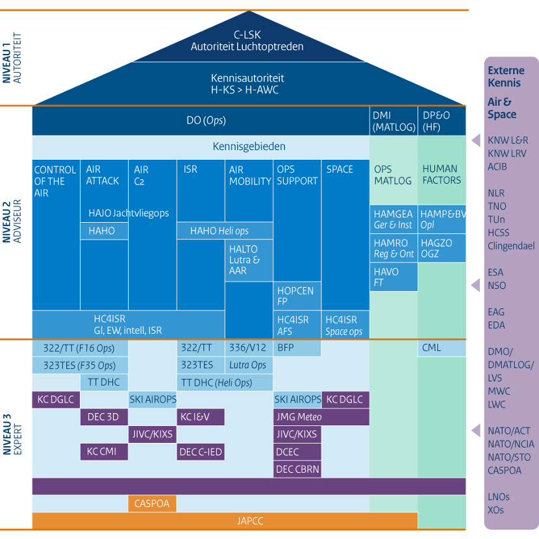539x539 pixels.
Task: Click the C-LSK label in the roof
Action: pos(247,35)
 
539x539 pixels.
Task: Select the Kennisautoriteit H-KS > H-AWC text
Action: pos(247,84)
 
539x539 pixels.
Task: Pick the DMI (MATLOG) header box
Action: pos(394,121)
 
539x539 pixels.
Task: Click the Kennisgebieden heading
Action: pos(249,146)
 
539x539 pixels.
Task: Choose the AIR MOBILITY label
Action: pos(249,175)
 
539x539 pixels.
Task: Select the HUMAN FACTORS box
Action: pos(442,175)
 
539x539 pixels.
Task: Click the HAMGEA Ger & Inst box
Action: pos(394,219)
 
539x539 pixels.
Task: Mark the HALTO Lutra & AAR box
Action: pos(249,260)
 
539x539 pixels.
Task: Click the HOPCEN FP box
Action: pos(297,296)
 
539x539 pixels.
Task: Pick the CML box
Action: pos(442,348)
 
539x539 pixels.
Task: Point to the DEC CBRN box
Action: pos(297,469)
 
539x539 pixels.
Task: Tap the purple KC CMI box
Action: pos(104,451)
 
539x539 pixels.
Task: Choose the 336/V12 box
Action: pos(249,348)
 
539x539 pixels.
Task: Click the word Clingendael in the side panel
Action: pos(511,246)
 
